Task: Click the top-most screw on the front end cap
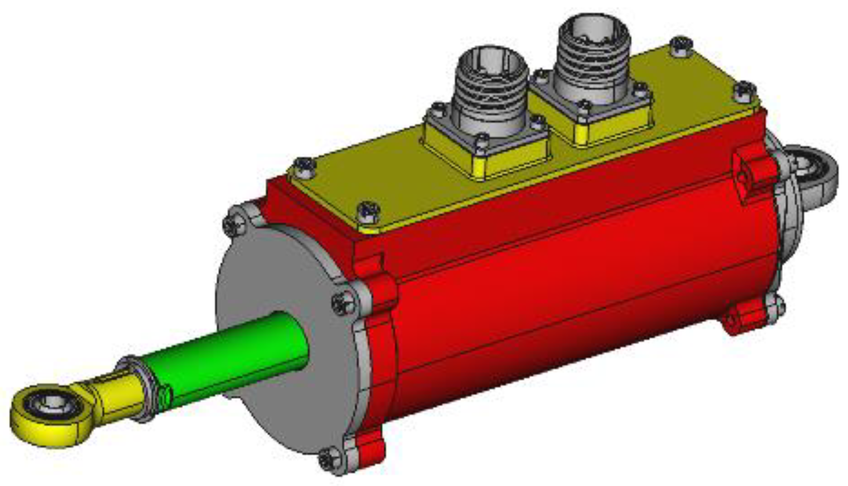tap(234, 224)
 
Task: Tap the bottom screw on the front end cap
tap(329, 462)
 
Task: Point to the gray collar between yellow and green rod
tap(145, 387)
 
